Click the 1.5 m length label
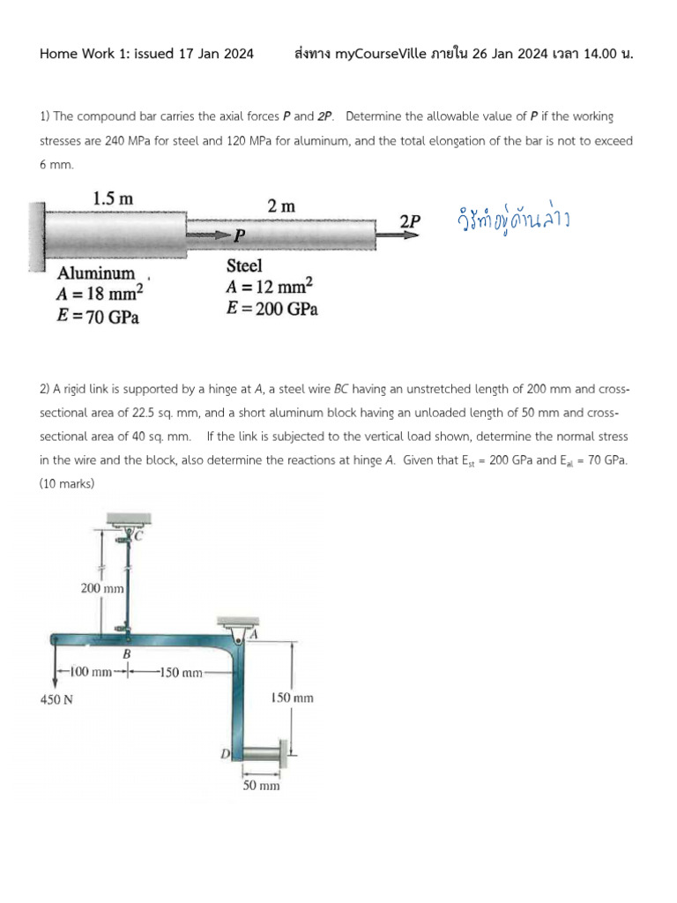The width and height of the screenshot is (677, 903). coord(113,198)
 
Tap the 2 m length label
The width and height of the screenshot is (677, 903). coord(281,205)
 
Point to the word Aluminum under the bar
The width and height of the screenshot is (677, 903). coord(96,273)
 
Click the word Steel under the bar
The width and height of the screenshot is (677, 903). coord(244,265)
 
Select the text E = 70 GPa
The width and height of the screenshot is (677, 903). coord(98,317)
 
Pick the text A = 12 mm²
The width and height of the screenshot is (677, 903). coord(270,287)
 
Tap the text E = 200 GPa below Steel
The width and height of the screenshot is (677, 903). coord(272,309)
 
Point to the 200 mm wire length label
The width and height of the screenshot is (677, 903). coord(102,587)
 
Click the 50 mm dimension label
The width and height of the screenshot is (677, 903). coord(261,785)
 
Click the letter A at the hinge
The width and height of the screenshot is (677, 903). coord(253,633)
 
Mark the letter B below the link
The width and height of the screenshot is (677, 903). coord(126,654)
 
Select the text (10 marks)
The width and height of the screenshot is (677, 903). coord(67,483)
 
